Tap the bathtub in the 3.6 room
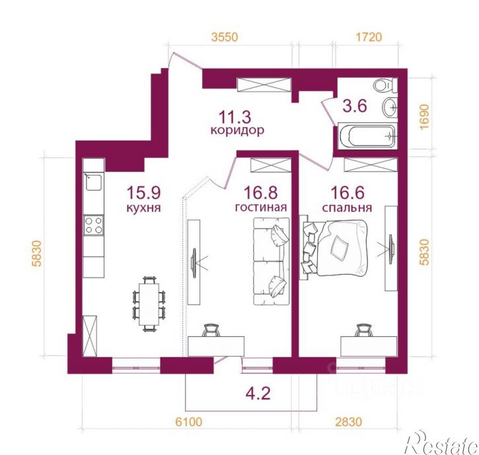pos(367,136)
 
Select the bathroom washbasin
pos(390,107)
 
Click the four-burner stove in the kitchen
pos(94,225)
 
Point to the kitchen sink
pos(93,182)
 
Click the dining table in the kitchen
pos(149,304)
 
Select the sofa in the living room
pos(272,261)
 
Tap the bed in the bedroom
pos(334,248)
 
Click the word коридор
pos(237,130)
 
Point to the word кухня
pos(143,208)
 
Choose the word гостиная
pos(261,207)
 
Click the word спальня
pos(347,207)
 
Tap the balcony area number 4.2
pos(258,394)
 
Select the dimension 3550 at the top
pos(225,37)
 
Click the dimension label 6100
pos(189,422)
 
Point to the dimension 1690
pos(425,117)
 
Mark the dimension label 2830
pos(349,422)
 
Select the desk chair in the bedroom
pos(363,330)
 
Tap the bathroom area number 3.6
pos(355,106)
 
